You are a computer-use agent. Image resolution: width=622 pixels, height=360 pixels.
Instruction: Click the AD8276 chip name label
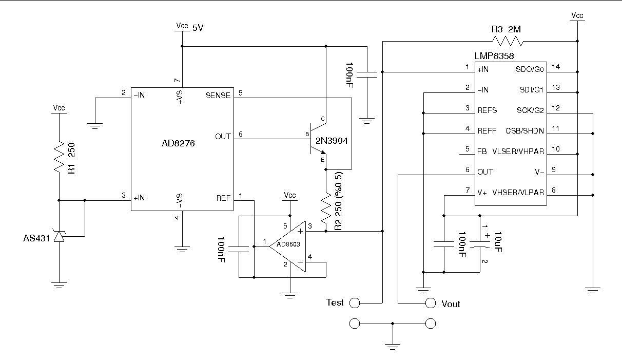click(178, 144)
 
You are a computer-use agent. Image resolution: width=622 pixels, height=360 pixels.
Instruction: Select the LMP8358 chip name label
click(494, 55)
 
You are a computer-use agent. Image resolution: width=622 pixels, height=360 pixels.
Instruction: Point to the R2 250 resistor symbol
click(326, 207)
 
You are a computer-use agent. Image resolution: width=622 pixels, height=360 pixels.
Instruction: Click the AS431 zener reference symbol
click(60, 236)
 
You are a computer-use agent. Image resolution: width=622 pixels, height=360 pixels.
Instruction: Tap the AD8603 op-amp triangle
click(287, 244)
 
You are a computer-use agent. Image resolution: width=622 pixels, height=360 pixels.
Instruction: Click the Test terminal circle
click(354, 303)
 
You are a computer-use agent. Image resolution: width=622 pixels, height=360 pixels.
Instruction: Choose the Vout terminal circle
click(431, 303)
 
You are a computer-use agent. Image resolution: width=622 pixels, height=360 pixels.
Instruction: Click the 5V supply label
click(198, 28)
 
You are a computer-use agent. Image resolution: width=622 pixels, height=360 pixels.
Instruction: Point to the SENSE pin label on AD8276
click(218, 96)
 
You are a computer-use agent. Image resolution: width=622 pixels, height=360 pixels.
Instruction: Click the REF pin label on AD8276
click(223, 198)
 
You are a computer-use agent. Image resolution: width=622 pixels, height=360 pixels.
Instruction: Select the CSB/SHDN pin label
click(524, 130)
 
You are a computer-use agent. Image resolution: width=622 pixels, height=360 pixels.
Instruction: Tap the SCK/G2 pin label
click(530, 110)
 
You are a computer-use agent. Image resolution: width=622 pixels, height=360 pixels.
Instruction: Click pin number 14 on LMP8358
click(555, 67)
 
